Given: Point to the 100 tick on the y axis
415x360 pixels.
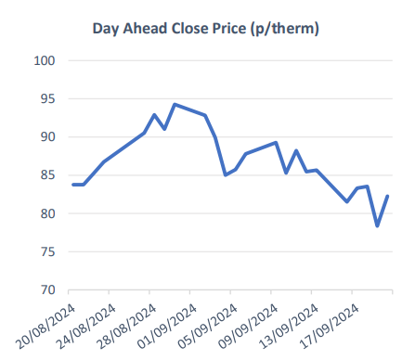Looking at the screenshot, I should pyautogui.click(x=45, y=61).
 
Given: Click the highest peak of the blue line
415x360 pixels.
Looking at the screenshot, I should pyautogui.click(x=175, y=105).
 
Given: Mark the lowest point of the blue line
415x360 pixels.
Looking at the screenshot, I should pyautogui.click(x=378, y=225).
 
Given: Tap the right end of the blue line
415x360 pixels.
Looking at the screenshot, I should pyautogui.click(x=387, y=196).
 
